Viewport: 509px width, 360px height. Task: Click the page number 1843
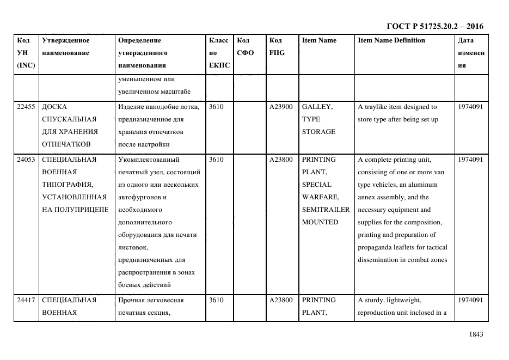point(475,334)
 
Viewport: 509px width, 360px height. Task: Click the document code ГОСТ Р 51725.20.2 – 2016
point(434,26)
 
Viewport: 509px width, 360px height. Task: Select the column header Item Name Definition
point(391,40)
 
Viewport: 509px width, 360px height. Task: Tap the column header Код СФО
point(244,46)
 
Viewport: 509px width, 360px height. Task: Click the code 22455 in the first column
point(26,107)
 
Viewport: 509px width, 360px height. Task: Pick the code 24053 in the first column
point(26,160)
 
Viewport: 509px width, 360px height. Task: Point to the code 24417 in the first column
point(26,300)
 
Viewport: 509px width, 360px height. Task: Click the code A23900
point(281,107)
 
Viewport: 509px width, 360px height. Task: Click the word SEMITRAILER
point(326,210)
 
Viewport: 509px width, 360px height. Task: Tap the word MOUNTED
point(320,222)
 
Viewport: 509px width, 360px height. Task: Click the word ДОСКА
point(54,107)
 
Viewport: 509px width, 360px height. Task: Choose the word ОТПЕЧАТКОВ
point(66,144)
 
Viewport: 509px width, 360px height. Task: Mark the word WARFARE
point(320,197)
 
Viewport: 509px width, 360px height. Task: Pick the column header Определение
point(139,40)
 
